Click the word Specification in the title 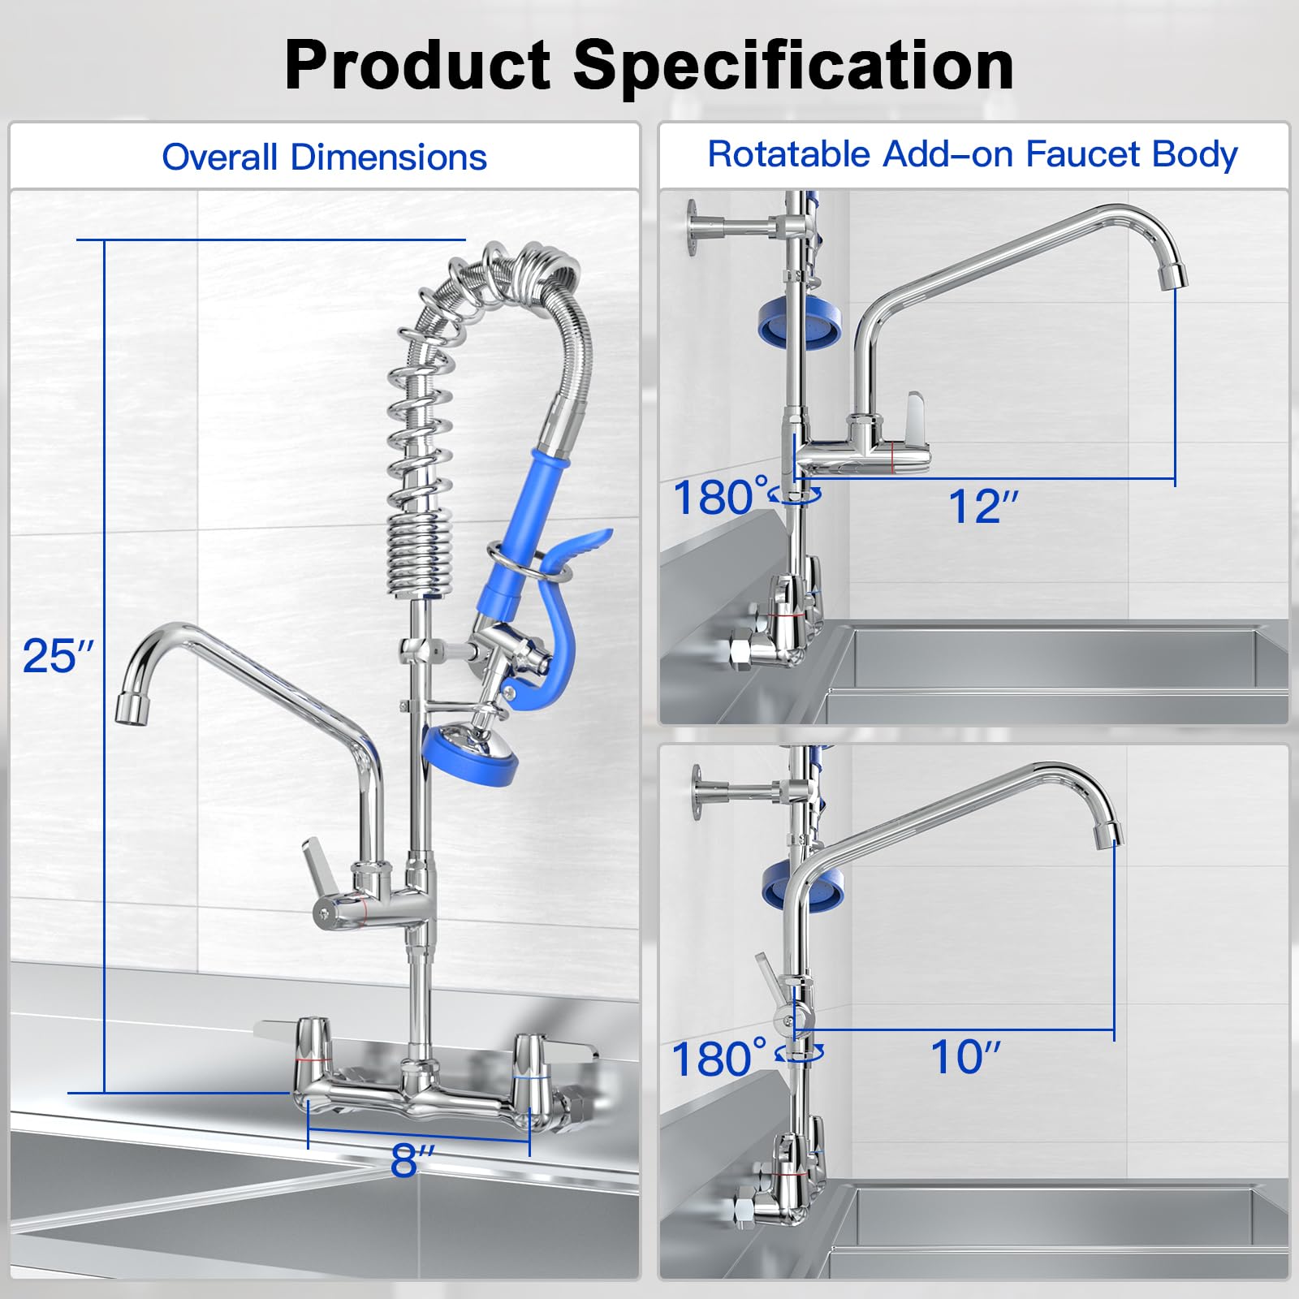coord(794,67)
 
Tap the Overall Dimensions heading coord(324,157)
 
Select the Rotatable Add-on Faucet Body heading coord(972,153)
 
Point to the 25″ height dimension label coord(58,656)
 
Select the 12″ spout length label coord(983,507)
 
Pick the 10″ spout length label coord(965,1057)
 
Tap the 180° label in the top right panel coord(719,497)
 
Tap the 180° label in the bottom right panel coord(718,1059)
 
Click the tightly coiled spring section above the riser coord(419,552)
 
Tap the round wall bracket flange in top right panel coord(693,227)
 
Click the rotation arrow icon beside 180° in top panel coord(797,494)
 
